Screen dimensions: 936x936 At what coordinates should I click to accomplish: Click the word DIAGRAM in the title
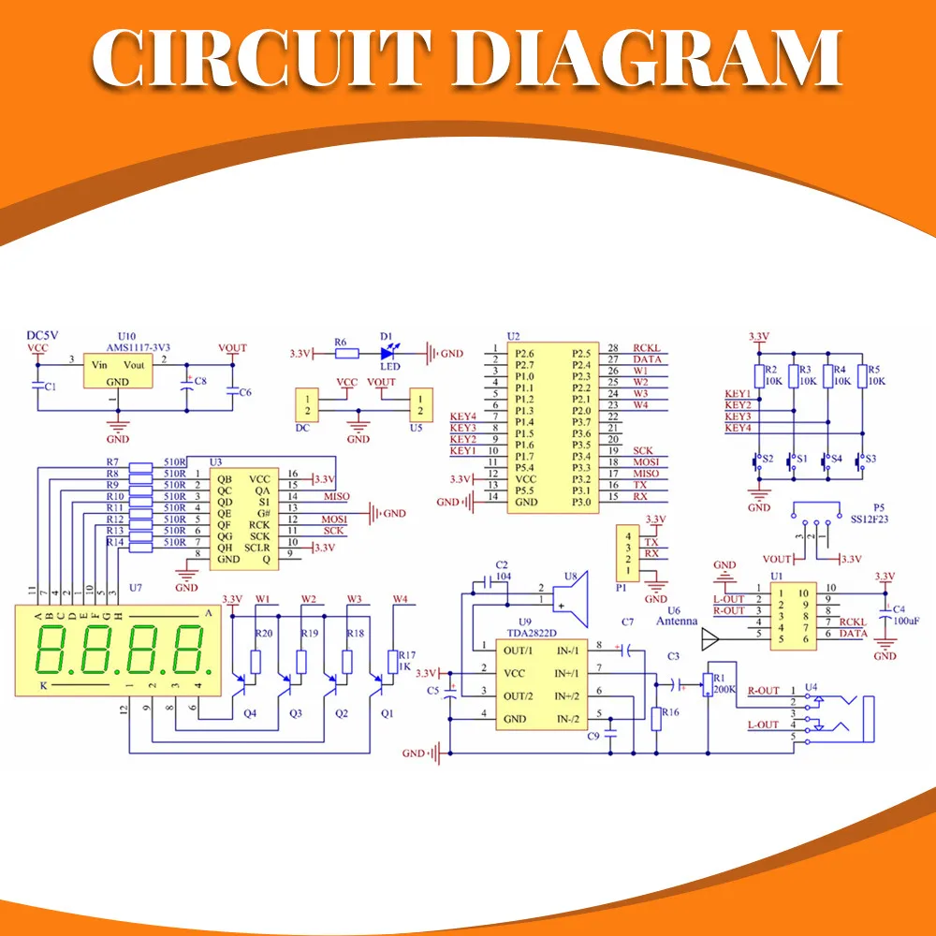(654, 58)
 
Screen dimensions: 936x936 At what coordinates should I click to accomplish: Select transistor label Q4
(250, 713)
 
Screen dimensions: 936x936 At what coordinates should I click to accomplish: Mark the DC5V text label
(43, 335)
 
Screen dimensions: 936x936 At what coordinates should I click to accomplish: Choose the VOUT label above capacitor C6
(232, 348)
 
